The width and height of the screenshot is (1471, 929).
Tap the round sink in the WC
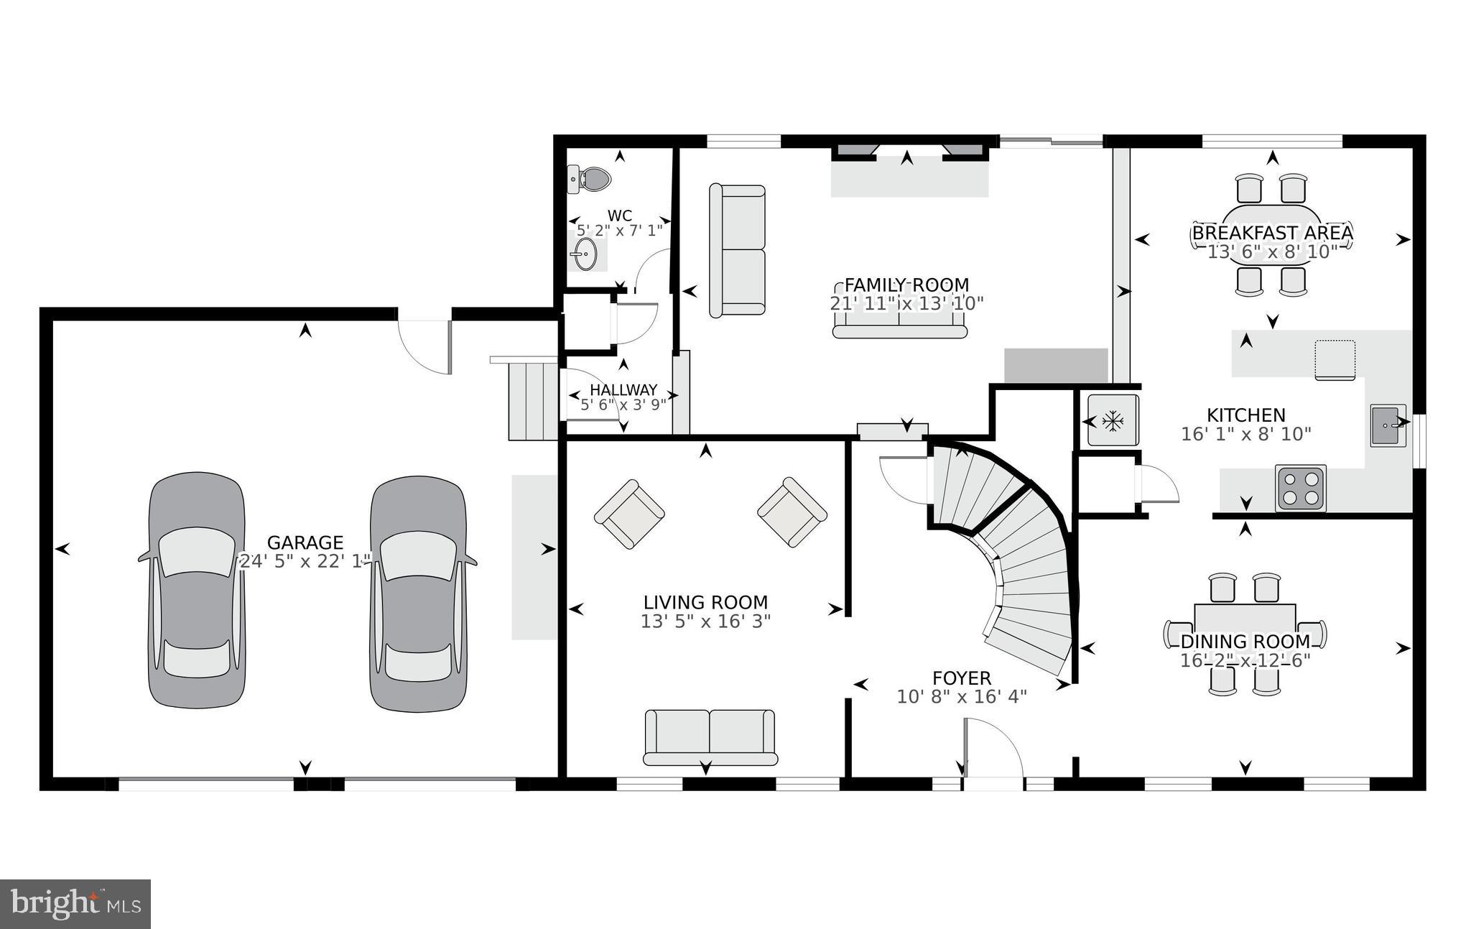click(584, 254)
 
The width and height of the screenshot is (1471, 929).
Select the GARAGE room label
click(305, 542)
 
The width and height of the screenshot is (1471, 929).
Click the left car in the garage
click(196, 591)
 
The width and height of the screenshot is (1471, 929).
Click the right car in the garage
click(418, 591)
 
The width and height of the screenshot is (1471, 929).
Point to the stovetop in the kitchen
click(1301, 488)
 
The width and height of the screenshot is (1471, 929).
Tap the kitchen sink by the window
click(1388, 425)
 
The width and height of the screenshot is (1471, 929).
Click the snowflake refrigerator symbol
click(1112, 421)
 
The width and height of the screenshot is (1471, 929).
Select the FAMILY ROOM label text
click(906, 285)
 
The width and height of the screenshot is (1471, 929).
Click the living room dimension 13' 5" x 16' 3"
click(705, 621)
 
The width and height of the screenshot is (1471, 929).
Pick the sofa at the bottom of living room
click(710, 737)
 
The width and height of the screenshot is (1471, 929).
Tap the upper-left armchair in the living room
click(629, 514)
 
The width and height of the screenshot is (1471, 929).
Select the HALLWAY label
click(623, 390)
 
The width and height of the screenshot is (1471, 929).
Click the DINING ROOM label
click(1245, 642)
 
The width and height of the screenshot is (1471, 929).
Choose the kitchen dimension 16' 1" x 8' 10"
click(1246, 434)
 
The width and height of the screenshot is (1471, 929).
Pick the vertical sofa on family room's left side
click(737, 251)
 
